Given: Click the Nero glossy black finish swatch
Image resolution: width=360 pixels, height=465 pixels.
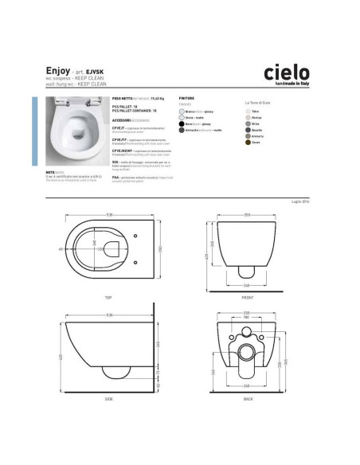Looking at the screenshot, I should [x=182, y=124].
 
